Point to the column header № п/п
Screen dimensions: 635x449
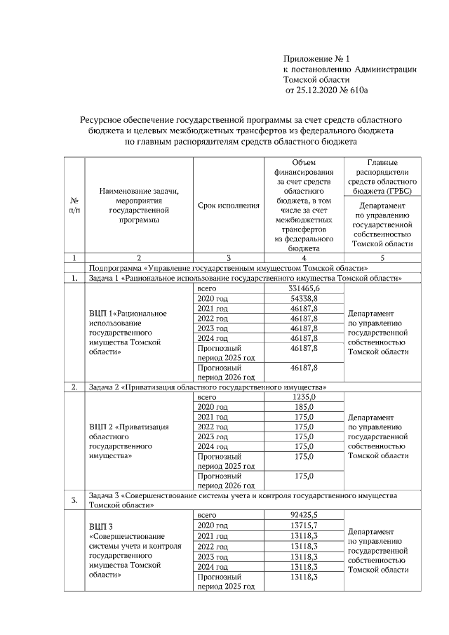click(x=74, y=205)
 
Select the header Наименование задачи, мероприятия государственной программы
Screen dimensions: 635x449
click(x=139, y=205)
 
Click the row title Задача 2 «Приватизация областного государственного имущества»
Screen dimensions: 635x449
click(x=207, y=387)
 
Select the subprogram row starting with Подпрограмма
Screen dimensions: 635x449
click(x=228, y=268)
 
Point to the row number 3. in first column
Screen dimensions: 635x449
click(x=74, y=500)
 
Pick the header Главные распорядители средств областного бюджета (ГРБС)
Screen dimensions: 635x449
click(x=379, y=176)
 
